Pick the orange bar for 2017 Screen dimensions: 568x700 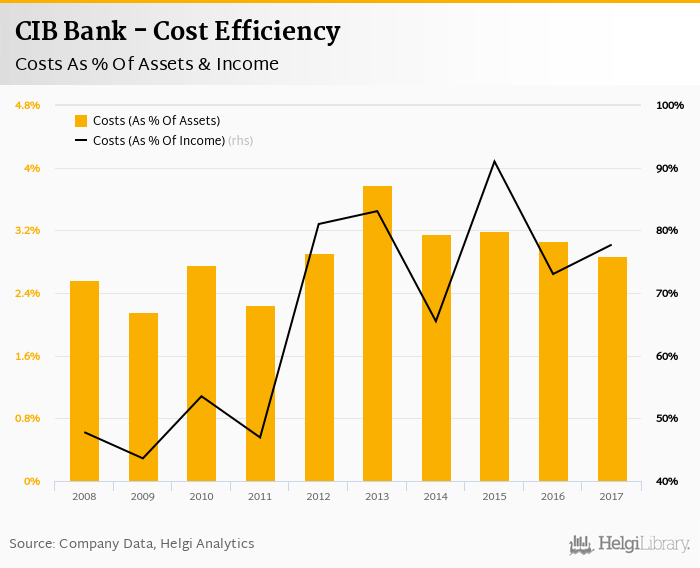point(612,369)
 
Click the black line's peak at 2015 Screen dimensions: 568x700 point(494,161)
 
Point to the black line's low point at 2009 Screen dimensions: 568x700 point(143,458)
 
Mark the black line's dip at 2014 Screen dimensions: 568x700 point(436,321)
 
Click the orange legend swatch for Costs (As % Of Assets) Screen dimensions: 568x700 point(81,121)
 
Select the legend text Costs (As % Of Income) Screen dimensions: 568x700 point(159,141)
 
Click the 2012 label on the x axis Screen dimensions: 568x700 point(319,496)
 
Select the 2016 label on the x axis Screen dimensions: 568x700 point(553,496)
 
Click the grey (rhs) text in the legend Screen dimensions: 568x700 point(241,141)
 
